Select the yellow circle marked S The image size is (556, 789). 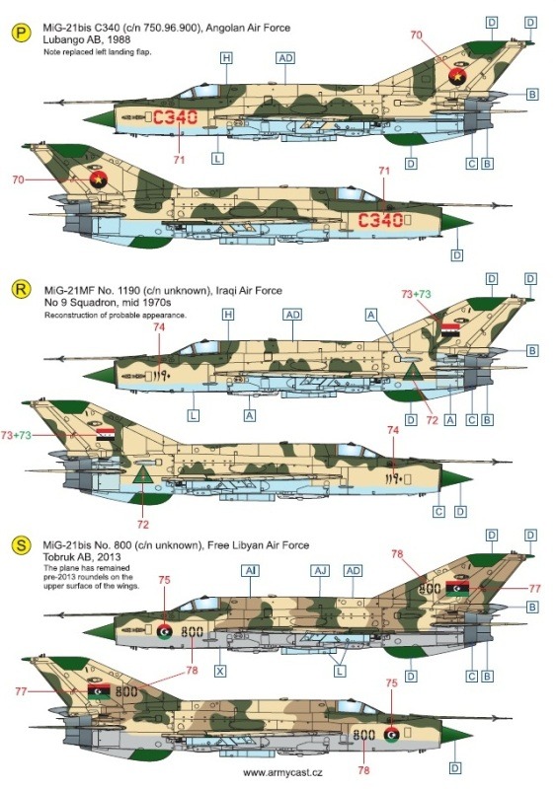(21, 545)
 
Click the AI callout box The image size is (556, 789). (251, 571)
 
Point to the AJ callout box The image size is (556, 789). (320, 571)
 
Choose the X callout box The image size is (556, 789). (220, 671)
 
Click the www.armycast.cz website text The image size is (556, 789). (282, 773)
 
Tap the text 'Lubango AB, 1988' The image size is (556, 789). (87, 39)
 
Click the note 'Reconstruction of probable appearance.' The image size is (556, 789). (115, 316)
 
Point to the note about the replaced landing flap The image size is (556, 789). (98, 52)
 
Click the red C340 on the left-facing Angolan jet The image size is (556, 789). (175, 117)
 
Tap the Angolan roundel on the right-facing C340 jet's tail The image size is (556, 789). (100, 179)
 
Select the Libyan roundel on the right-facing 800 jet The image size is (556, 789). (392, 734)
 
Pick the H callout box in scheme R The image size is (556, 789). (228, 315)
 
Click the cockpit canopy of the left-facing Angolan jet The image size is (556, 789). (200, 92)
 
